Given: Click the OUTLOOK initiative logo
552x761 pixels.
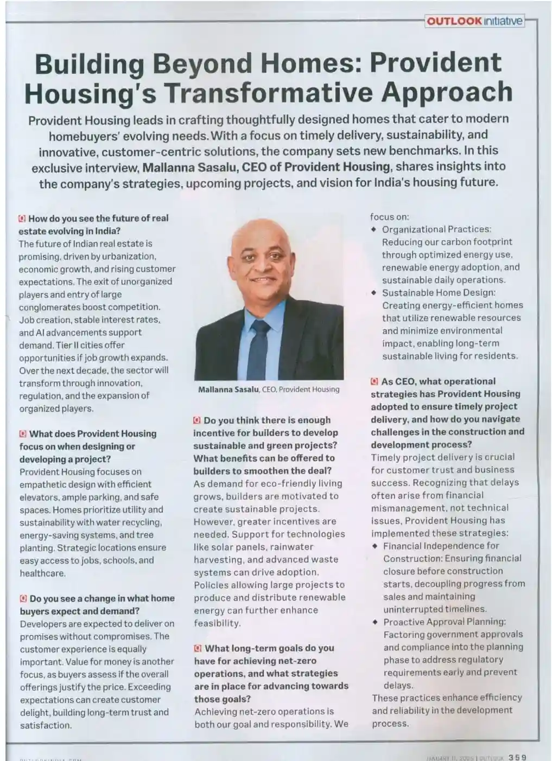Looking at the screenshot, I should pyautogui.click(x=474, y=21).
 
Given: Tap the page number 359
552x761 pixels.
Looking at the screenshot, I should pyautogui.click(x=517, y=757).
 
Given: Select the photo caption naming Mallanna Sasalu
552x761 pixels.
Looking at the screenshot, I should pyautogui.click(x=269, y=389).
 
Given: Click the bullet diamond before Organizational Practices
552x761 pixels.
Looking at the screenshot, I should pyautogui.click(x=374, y=229).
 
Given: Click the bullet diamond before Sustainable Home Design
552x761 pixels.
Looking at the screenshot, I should pyautogui.click(x=374, y=293).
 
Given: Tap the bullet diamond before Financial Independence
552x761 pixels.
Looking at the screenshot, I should pyautogui.click(x=375, y=546).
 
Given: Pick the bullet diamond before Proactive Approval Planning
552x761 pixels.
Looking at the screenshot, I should pyautogui.click(x=375, y=622).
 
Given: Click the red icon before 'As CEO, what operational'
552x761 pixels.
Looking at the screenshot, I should pyautogui.click(x=375, y=382).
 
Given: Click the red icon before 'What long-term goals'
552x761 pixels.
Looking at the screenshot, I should pyautogui.click(x=198, y=648).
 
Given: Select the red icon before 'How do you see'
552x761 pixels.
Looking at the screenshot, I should pyautogui.click(x=22, y=219).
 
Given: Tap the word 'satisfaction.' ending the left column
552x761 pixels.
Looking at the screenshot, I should pyautogui.click(x=46, y=725).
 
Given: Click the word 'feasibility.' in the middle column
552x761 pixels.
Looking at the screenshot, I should pyautogui.click(x=217, y=623).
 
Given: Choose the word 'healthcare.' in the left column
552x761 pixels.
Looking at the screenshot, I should pyautogui.click(x=42, y=573).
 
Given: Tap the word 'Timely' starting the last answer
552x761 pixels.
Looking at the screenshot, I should pyautogui.click(x=387, y=457).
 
